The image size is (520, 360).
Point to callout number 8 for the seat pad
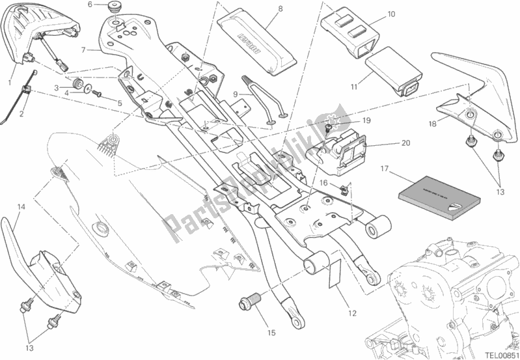pos(261,8)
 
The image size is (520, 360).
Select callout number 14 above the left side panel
pos(21,207)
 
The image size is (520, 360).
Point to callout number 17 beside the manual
pos(385,169)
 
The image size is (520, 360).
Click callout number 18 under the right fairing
pos(431,123)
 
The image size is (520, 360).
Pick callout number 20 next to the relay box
pos(406,143)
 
